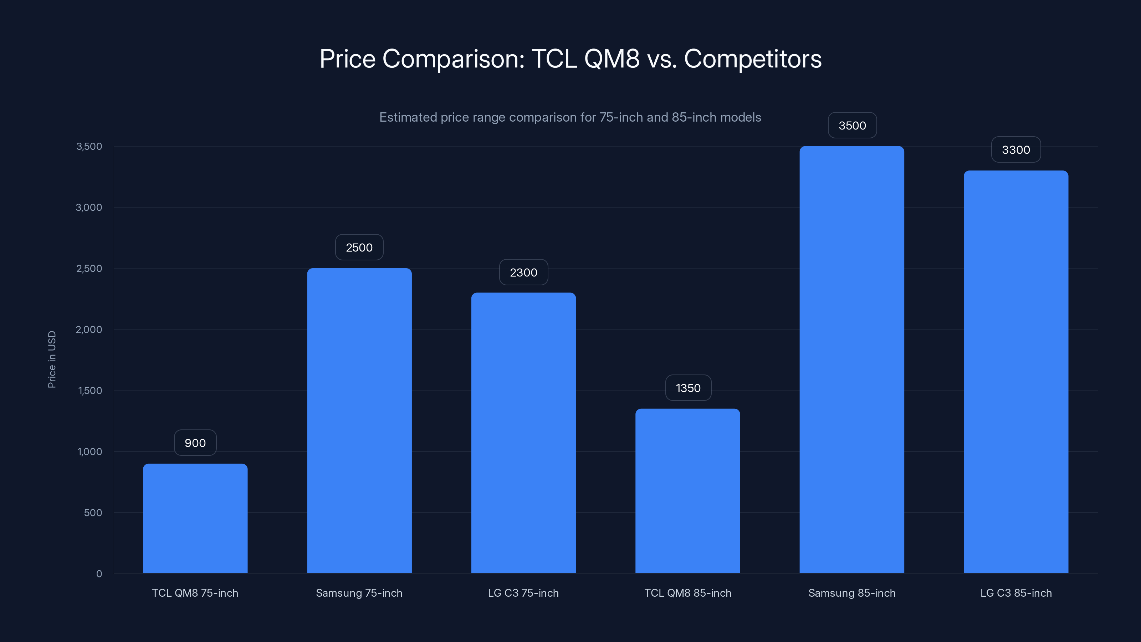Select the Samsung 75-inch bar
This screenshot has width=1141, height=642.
point(359,421)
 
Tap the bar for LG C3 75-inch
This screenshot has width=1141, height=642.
point(523,433)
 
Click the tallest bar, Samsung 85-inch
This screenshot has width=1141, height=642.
point(851,360)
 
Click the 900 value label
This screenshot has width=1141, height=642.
point(195,443)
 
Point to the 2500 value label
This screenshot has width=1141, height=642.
point(359,247)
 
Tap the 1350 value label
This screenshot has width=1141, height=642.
point(688,388)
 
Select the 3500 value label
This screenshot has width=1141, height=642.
point(852,126)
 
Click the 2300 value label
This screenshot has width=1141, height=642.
point(523,272)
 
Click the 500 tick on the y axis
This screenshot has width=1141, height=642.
point(93,513)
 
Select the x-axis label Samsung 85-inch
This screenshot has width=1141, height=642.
point(851,593)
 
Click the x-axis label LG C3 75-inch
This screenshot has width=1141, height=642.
point(523,593)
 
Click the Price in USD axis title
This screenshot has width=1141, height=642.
point(52,359)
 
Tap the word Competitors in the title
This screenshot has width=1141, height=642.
point(753,58)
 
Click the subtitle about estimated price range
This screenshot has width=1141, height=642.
point(570,117)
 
